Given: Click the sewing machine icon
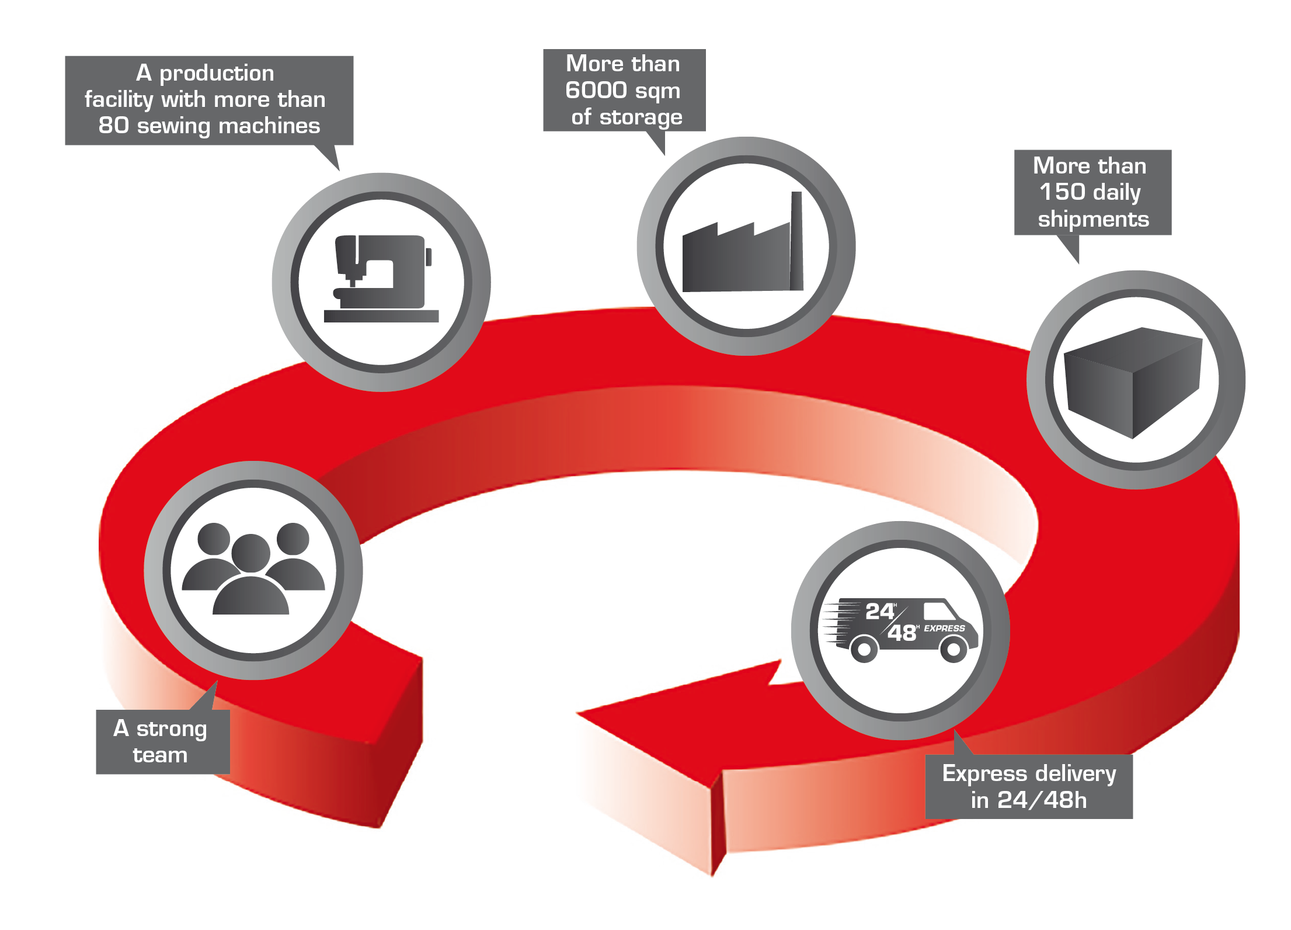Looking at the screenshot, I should pyautogui.click(x=381, y=279).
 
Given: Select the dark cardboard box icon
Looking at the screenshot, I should pyautogui.click(x=1133, y=383).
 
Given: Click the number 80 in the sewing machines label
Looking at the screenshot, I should pyautogui.click(x=113, y=126).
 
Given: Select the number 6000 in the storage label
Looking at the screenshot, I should pyautogui.click(x=596, y=91).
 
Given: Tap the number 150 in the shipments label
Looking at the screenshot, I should pyautogui.click(x=1062, y=192).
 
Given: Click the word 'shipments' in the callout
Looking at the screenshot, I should pyautogui.click(x=1093, y=219).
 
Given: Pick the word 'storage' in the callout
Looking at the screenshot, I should pyautogui.click(x=641, y=117).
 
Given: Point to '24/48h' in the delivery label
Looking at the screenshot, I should pyautogui.click(x=1042, y=800).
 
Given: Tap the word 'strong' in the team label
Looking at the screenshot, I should pyautogui.click(x=172, y=729).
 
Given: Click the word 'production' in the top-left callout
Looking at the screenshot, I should pyautogui.click(x=217, y=74).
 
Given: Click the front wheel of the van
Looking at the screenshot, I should pyautogui.click(x=954, y=648).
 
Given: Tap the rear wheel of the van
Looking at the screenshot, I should pyautogui.click(x=864, y=648).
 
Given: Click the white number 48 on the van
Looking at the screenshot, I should pyautogui.click(x=902, y=633).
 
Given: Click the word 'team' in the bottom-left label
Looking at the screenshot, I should pyautogui.click(x=160, y=755).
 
